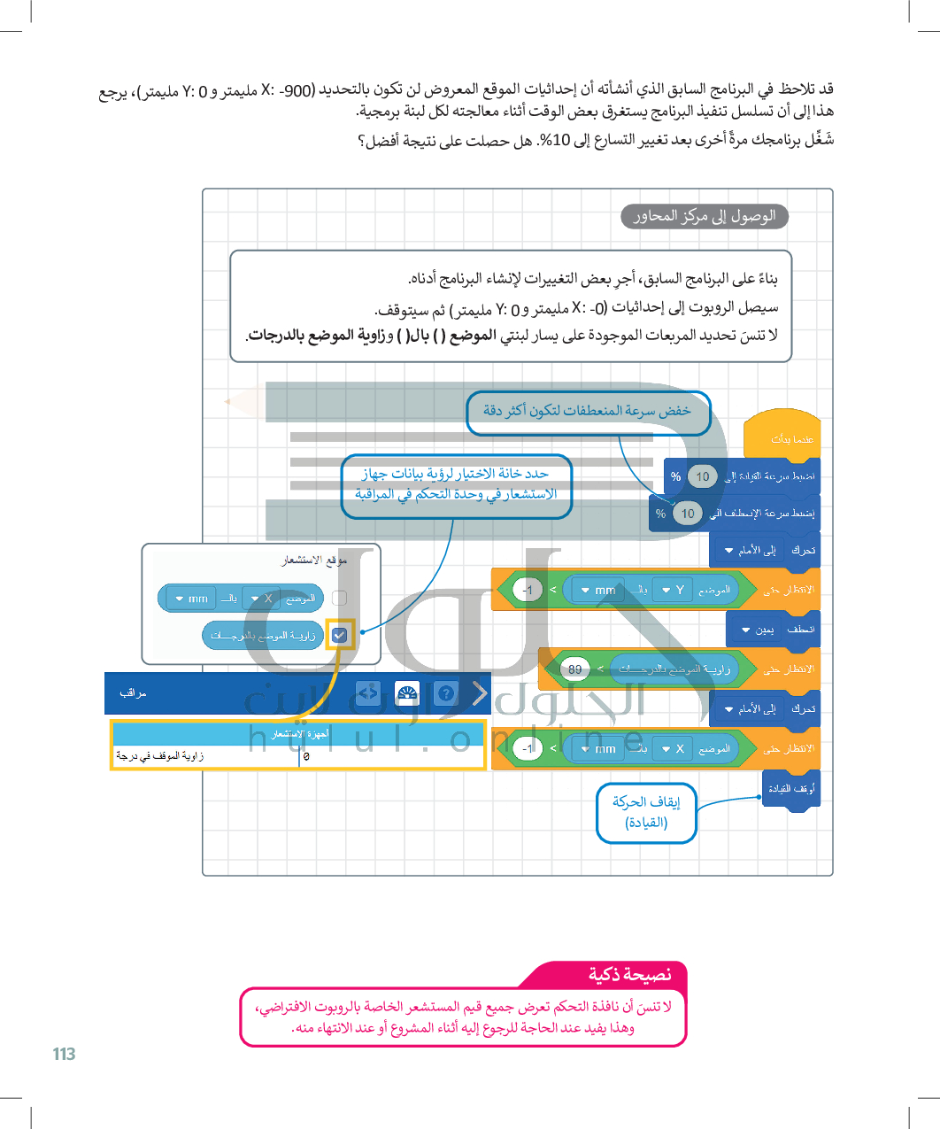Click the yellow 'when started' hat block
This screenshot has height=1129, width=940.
point(782,436)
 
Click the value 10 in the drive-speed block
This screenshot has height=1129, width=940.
point(702,476)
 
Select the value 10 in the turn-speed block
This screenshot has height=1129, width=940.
point(688,514)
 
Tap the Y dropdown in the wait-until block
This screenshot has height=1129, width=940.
point(673,590)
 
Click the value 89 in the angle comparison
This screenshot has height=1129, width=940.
point(575,669)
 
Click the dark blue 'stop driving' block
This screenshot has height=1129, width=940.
point(791,788)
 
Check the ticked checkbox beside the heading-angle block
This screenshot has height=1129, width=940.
point(339,635)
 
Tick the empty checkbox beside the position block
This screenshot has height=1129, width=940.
point(339,599)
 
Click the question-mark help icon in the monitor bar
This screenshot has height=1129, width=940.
point(446,693)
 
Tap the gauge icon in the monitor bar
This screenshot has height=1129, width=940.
point(406,693)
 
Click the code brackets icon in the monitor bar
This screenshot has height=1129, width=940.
point(367,693)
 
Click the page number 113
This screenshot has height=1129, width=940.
point(64,1054)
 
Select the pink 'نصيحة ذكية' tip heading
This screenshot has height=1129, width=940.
point(629,975)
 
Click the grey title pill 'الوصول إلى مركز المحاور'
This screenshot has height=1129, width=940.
point(705,216)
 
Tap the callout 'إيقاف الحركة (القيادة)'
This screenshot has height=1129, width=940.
point(646,812)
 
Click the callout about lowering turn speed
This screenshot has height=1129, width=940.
point(588,412)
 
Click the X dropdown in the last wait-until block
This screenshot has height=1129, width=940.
point(673,749)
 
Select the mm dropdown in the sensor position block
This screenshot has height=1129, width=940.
point(191,599)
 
